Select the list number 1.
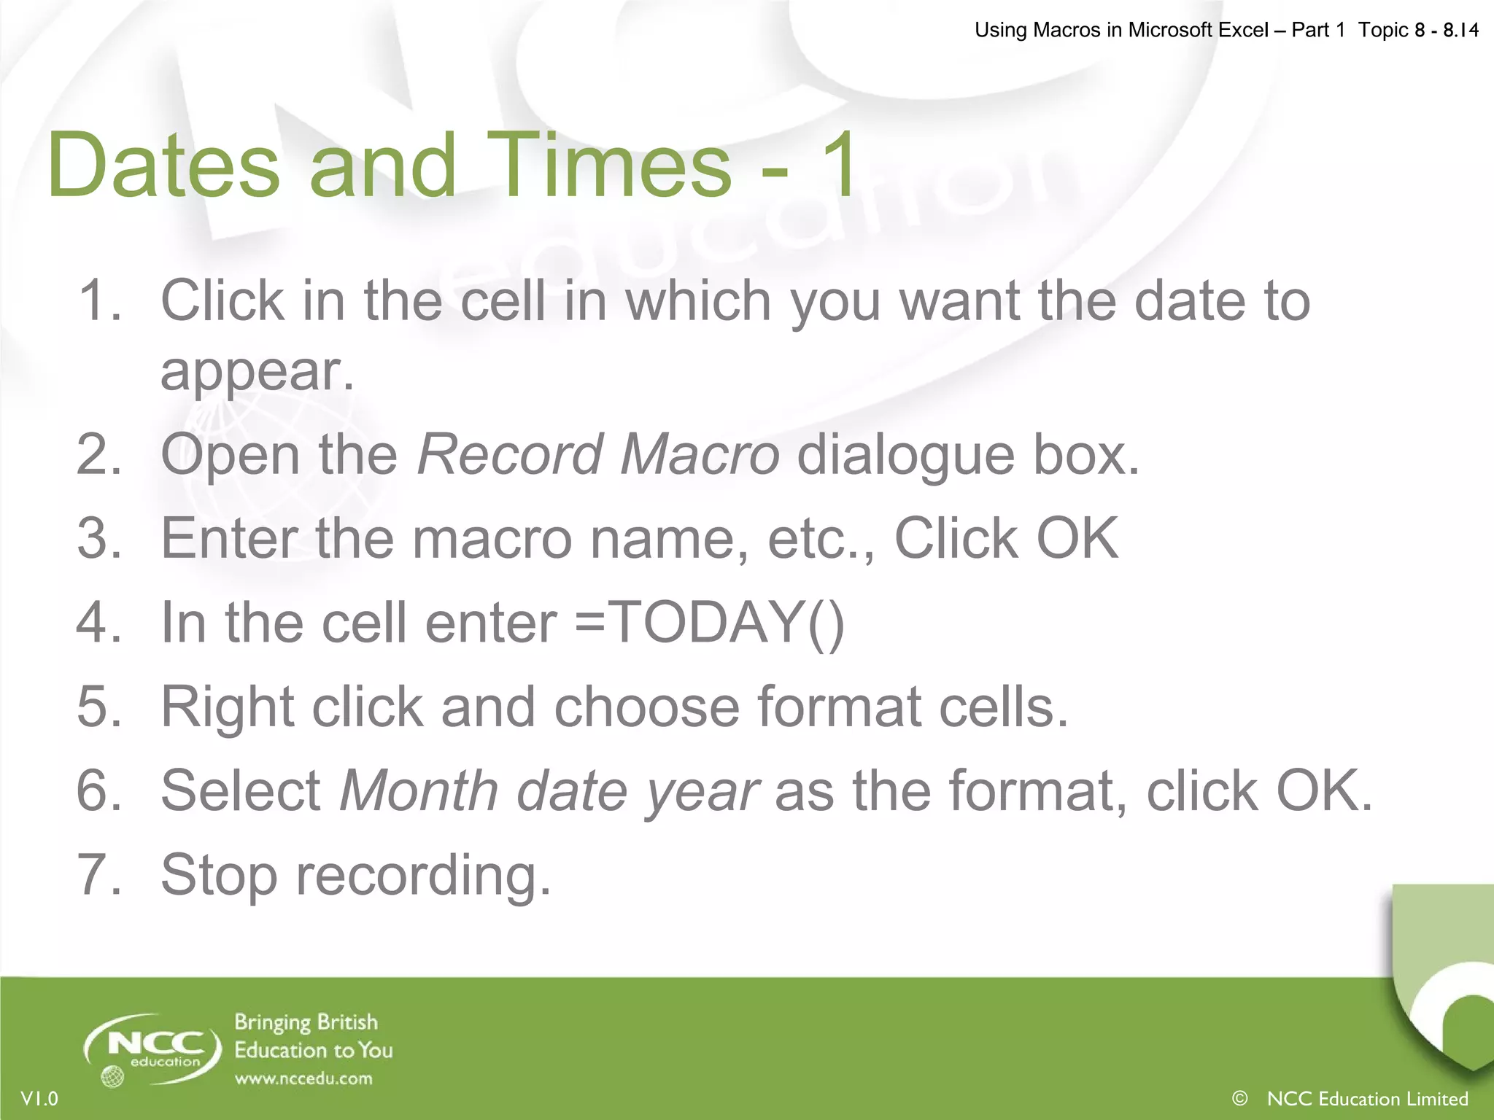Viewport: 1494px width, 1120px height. (x=98, y=300)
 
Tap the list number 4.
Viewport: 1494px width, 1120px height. (x=98, y=623)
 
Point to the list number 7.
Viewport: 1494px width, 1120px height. (x=98, y=874)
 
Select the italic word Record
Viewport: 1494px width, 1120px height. (x=508, y=455)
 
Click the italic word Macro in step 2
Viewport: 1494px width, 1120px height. (x=700, y=455)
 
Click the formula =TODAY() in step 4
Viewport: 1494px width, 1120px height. (x=710, y=623)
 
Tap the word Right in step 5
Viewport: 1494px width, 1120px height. (x=226, y=707)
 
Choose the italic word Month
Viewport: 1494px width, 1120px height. (x=419, y=791)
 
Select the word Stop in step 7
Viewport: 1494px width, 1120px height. (x=218, y=875)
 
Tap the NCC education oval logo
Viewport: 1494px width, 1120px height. (x=152, y=1050)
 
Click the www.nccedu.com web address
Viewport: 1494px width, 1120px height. (x=303, y=1078)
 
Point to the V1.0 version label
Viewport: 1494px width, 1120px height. (x=39, y=1099)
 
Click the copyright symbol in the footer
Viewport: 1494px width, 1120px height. (x=1239, y=1098)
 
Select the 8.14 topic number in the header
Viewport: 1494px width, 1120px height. (x=1460, y=31)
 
